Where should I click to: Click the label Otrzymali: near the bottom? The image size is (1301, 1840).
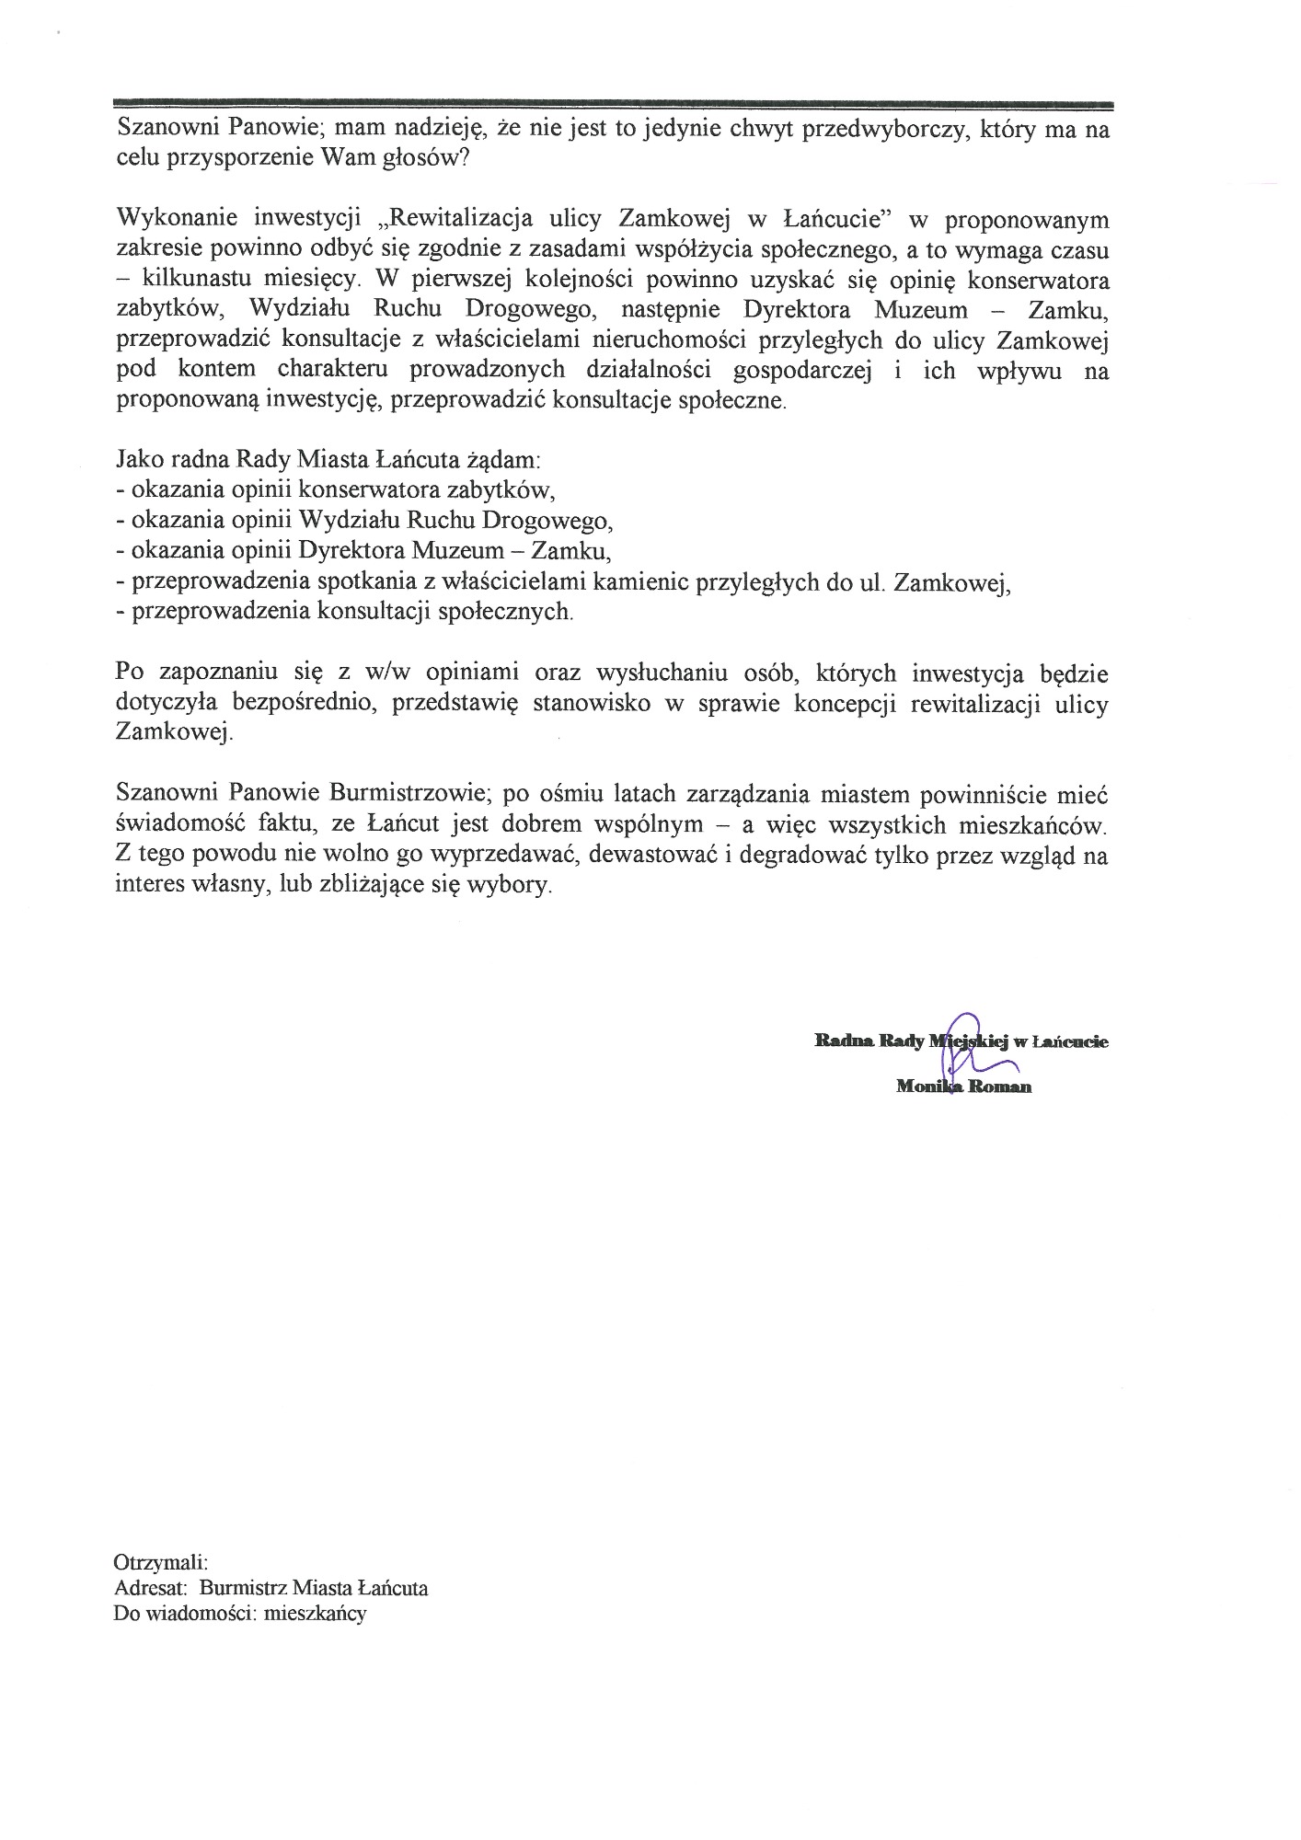pos(161,1563)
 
